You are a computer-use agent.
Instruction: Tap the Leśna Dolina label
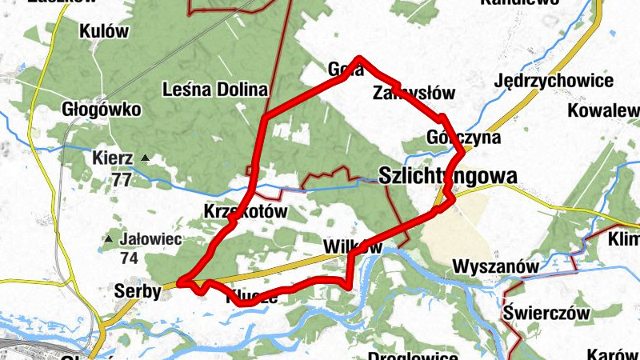[x=214, y=89]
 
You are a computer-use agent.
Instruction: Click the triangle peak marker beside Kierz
[x=145, y=158]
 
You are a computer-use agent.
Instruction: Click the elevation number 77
[x=122, y=179]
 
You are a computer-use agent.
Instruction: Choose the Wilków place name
[x=353, y=246]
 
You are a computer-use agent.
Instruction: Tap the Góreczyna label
[x=463, y=138]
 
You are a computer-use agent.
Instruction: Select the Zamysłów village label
[x=414, y=93]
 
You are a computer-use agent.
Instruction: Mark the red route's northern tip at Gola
[x=360, y=58]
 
